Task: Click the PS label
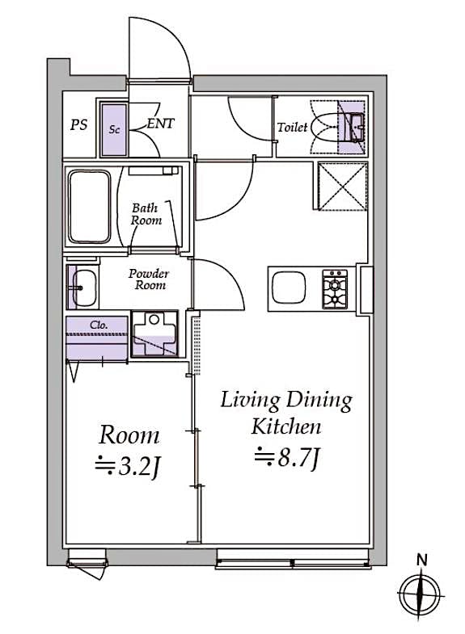click(x=78, y=125)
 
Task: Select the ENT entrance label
click(x=159, y=125)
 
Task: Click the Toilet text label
click(x=291, y=128)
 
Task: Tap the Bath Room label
click(x=146, y=214)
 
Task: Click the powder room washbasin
click(x=82, y=285)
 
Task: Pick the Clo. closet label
click(x=97, y=325)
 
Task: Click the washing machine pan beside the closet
click(x=153, y=334)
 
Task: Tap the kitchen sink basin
click(x=288, y=288)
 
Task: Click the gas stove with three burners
click(x=335, y=288)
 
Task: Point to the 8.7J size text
click(x=289, y=458)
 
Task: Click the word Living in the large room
click(x=250, y=400)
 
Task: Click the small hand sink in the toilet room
click(x=353, y=124)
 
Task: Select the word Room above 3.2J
click(x=129, y=436)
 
